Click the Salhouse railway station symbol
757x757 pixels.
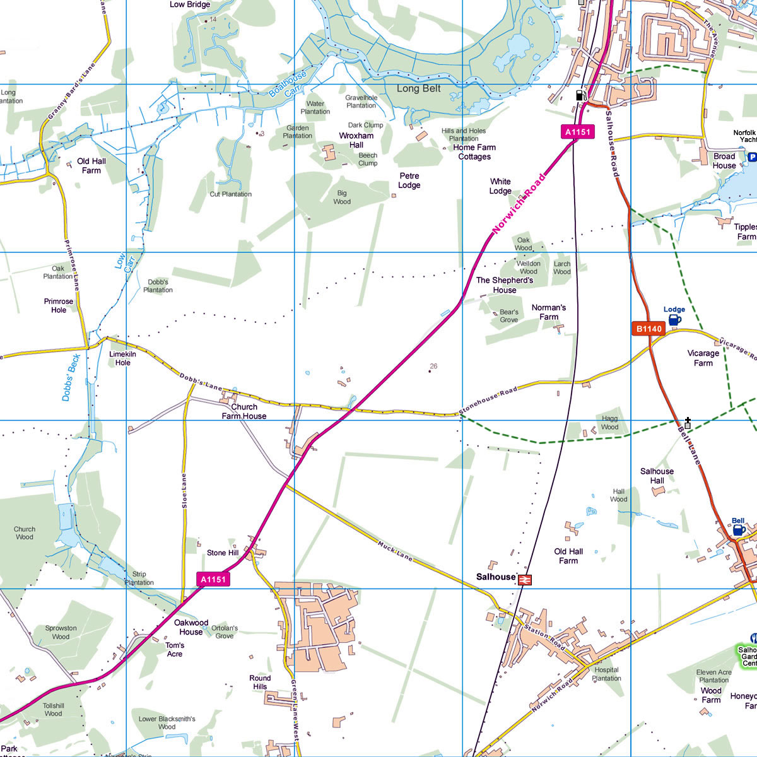[524, 579]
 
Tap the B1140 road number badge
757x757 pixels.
[648, 329]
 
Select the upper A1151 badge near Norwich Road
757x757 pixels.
[577, 132]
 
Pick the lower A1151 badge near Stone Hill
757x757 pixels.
[213, 579]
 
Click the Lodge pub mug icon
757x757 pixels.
[674, 320]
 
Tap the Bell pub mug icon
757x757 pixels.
[739, 531]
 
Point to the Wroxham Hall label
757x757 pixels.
[356, 140]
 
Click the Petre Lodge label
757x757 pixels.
[409, 180]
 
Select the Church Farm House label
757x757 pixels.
[244, 411]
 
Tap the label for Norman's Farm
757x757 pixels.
[549, 312]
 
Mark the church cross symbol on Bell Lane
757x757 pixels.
[688, 423]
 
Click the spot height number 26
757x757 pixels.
[433, 367]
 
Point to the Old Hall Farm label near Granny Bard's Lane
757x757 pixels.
[91, 165]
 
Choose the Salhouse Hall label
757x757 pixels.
[657, 476]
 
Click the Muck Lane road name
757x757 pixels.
[396, 551]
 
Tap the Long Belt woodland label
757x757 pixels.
[418, 89]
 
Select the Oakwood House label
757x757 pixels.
[191, 627]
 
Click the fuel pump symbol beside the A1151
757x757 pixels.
[579, 96]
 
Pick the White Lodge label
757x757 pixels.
[500, 186]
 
